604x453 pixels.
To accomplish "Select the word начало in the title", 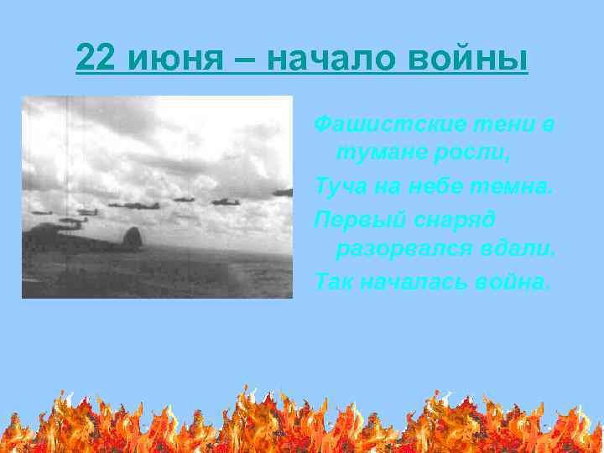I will [320, 59].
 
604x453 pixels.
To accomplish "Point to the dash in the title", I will [247, 59].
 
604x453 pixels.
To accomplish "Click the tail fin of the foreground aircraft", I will [131, 237].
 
